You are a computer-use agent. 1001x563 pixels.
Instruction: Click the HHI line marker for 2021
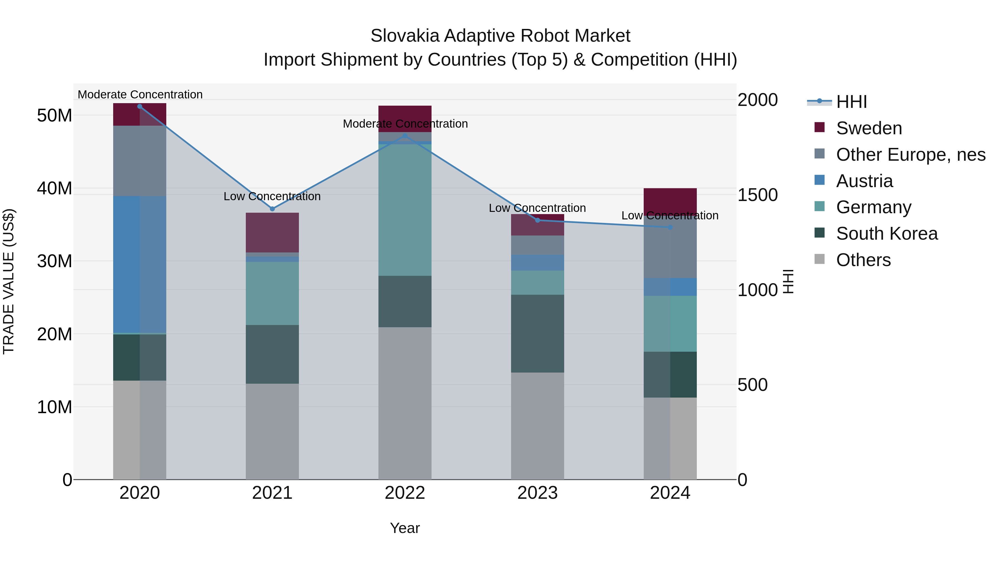[272, 209]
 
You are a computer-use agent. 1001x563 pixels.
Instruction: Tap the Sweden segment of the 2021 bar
[272, 232]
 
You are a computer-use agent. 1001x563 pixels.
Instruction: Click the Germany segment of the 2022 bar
[405, 210]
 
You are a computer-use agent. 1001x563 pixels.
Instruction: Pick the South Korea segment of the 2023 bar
[537, 333]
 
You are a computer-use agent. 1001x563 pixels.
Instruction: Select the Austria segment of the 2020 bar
[140, 264]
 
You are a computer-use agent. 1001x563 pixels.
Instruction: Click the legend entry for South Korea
[886, 234]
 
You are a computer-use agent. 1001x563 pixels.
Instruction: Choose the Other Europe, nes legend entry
[910, 155]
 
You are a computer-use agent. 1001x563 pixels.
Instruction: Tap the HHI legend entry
[851, 102]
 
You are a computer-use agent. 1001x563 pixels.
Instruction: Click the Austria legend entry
[864, 181]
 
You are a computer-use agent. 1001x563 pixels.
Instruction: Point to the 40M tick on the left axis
[54, 189]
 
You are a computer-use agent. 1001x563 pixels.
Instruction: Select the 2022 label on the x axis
[405, 493]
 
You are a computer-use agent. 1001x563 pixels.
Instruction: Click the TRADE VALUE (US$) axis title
[9, 281]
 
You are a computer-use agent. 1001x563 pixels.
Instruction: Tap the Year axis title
[405, 528]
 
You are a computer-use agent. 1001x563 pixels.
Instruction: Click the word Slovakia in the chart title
[405, 36]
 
